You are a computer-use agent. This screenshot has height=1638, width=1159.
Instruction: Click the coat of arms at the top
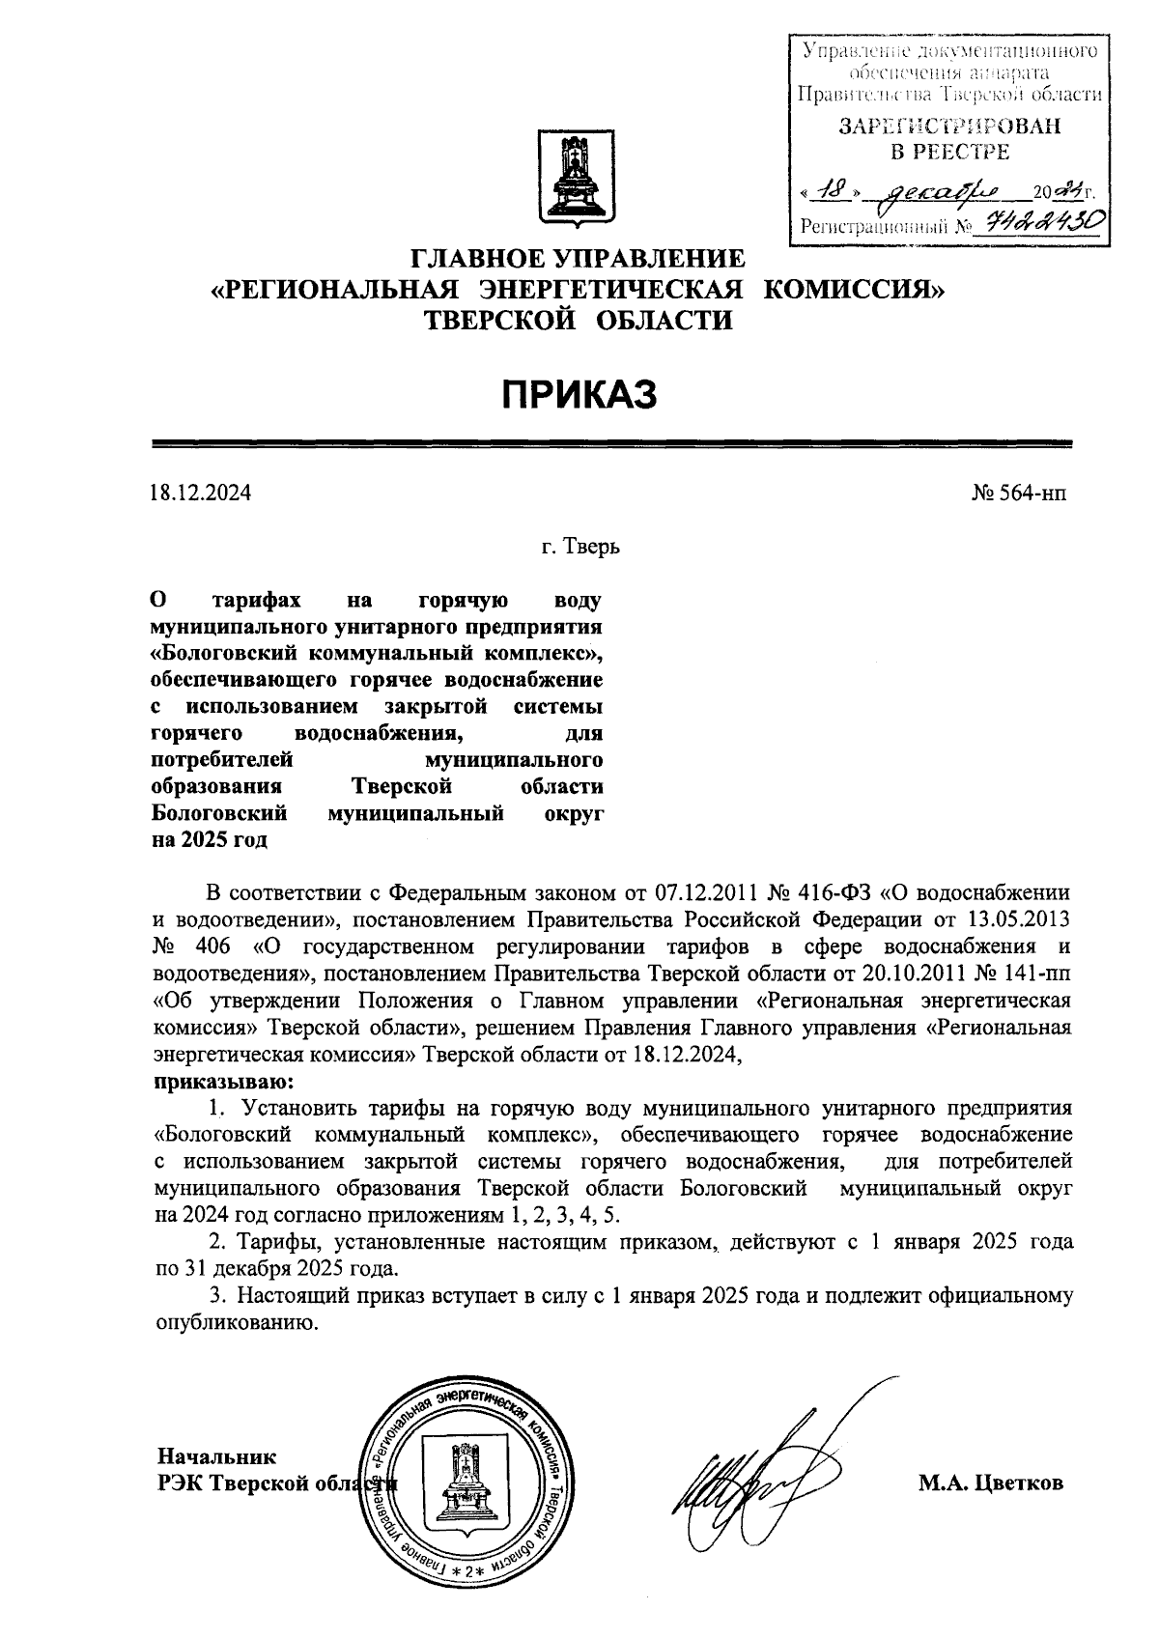[578, 180]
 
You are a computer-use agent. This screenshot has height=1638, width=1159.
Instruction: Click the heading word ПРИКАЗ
[579, 394]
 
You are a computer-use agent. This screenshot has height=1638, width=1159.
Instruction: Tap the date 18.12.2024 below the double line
[201, 494]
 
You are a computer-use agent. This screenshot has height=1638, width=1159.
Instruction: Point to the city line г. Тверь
[579, 548]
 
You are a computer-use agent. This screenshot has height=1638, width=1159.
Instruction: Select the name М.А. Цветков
[990, 1483]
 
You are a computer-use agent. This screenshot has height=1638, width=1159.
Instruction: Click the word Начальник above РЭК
[216, 1456]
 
